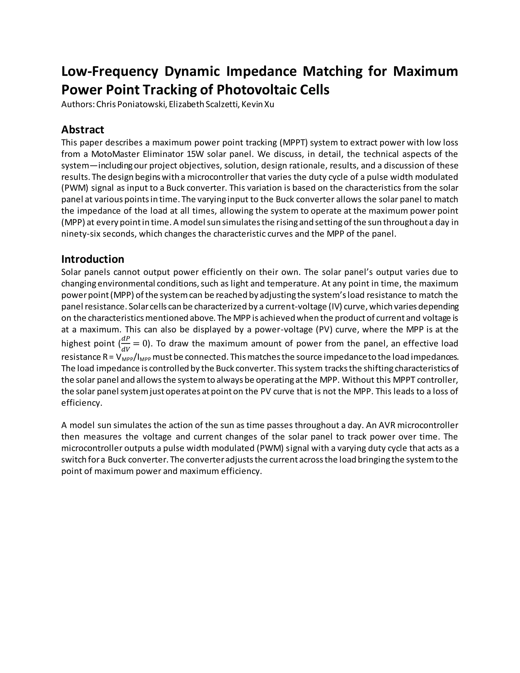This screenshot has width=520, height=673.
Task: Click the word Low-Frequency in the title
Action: [109, 72]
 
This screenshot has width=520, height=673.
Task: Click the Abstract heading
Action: [83, 130]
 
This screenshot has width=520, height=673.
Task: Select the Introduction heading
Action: [92, 259]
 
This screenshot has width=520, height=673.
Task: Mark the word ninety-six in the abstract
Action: [81, 234]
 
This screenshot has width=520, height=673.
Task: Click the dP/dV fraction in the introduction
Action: [125, 344]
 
